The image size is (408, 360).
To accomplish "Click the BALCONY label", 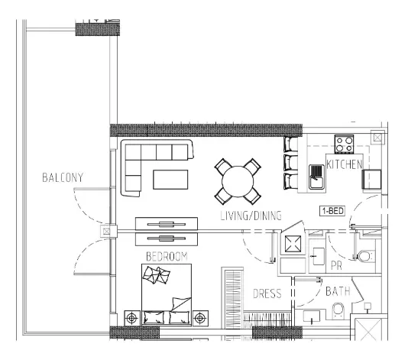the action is (x=63, y=177).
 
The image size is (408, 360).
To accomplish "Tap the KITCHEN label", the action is (x=345, y=164).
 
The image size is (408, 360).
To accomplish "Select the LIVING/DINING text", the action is (x=251, y=216).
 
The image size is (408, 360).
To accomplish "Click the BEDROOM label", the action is (x=167, y=256).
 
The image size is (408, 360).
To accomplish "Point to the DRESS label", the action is (x=267, y=294).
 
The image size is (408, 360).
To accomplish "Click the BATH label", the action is (x=338, y=291).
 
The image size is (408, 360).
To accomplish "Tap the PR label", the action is (x=336, y=266).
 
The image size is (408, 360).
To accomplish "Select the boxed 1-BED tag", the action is (x=332, y=211).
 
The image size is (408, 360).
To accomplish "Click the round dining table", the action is (x=238, y=181).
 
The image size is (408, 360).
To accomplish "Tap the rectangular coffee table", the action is (x=170, y=180).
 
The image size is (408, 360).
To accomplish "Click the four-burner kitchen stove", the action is (x=344, y=144).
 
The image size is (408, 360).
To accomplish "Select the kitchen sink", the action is (x=316, y=177).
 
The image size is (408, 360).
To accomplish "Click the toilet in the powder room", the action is (x=366, y=256).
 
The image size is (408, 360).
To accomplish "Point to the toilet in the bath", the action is (x=338, y=310).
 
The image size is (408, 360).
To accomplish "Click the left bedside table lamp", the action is (x=132, y=318).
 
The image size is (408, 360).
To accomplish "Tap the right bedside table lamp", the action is (x=200, y=318).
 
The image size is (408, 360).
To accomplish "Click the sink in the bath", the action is (x=312, y=316).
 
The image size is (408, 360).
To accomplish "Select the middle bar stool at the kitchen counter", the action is (x=290, y=163).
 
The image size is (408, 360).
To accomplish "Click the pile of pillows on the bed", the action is (x=156, y=274).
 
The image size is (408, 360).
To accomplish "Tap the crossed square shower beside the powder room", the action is (x=293, y=244).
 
